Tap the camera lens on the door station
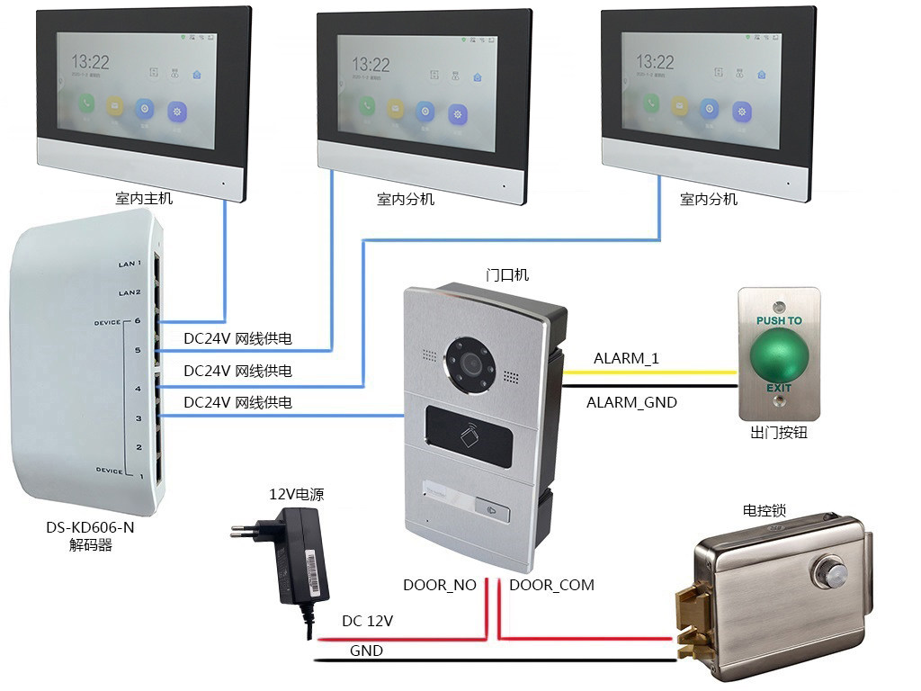click(x=469, y=364)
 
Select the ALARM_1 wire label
click(x=626, y=358)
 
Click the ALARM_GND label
click(x=631, y=402)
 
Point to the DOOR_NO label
click(x=439, y=585)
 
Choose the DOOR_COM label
click(x=551, y=585)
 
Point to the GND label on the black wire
click(x=366, y=651)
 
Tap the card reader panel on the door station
click(x=469, y=435)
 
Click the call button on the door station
click(x=494, y=513)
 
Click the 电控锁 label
click(x=764, y=510)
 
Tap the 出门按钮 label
click(x=779, y=432)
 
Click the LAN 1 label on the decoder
click(x=130, y=264)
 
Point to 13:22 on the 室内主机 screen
click(x=91, y=62)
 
